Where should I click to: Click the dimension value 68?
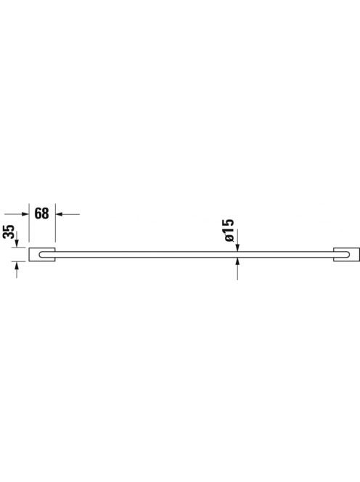(x=41, y=213)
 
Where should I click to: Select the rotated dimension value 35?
(x=9, y=231)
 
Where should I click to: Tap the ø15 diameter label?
(x=229, y=230)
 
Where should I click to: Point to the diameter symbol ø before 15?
(x=229, y=237)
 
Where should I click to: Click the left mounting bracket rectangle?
(x=42, y=254)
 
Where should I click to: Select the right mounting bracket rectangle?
(x=346, y=254)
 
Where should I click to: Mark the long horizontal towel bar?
(x=195, y=254)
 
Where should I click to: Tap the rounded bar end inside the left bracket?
(x=41, y=254)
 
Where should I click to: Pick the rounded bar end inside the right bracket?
(x=347, y=254)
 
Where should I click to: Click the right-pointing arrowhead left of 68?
(x=25, y=214)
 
